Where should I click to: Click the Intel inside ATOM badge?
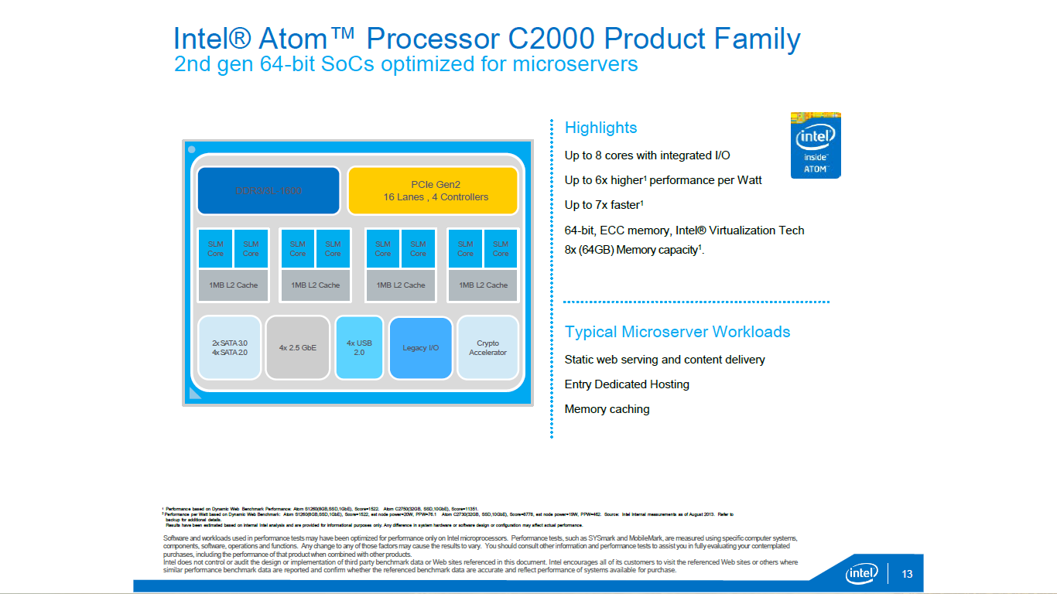pos(815,145)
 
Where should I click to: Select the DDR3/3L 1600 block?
pos(269,190)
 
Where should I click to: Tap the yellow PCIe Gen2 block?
pos(433,190)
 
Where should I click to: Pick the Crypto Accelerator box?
pos(487,347)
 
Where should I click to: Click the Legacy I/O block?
pos(420,347)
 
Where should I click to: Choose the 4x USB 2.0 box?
pos(359,347)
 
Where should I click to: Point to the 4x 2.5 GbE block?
pos(298,347)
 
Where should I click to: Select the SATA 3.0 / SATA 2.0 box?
pos(229,347)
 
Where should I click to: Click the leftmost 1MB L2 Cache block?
pos(233,285)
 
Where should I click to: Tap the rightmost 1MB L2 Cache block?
pos(483,285)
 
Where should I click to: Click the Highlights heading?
pos(600,128)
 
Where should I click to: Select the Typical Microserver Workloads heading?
pos(677,332)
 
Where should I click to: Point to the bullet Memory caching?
pos(607,409)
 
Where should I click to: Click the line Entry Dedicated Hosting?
pos(627,384)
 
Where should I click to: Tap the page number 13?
pos(908,574)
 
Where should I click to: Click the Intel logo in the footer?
pos(861,573)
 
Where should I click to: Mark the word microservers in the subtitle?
pos(575,63)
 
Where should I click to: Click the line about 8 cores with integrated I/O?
pos(647,155)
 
